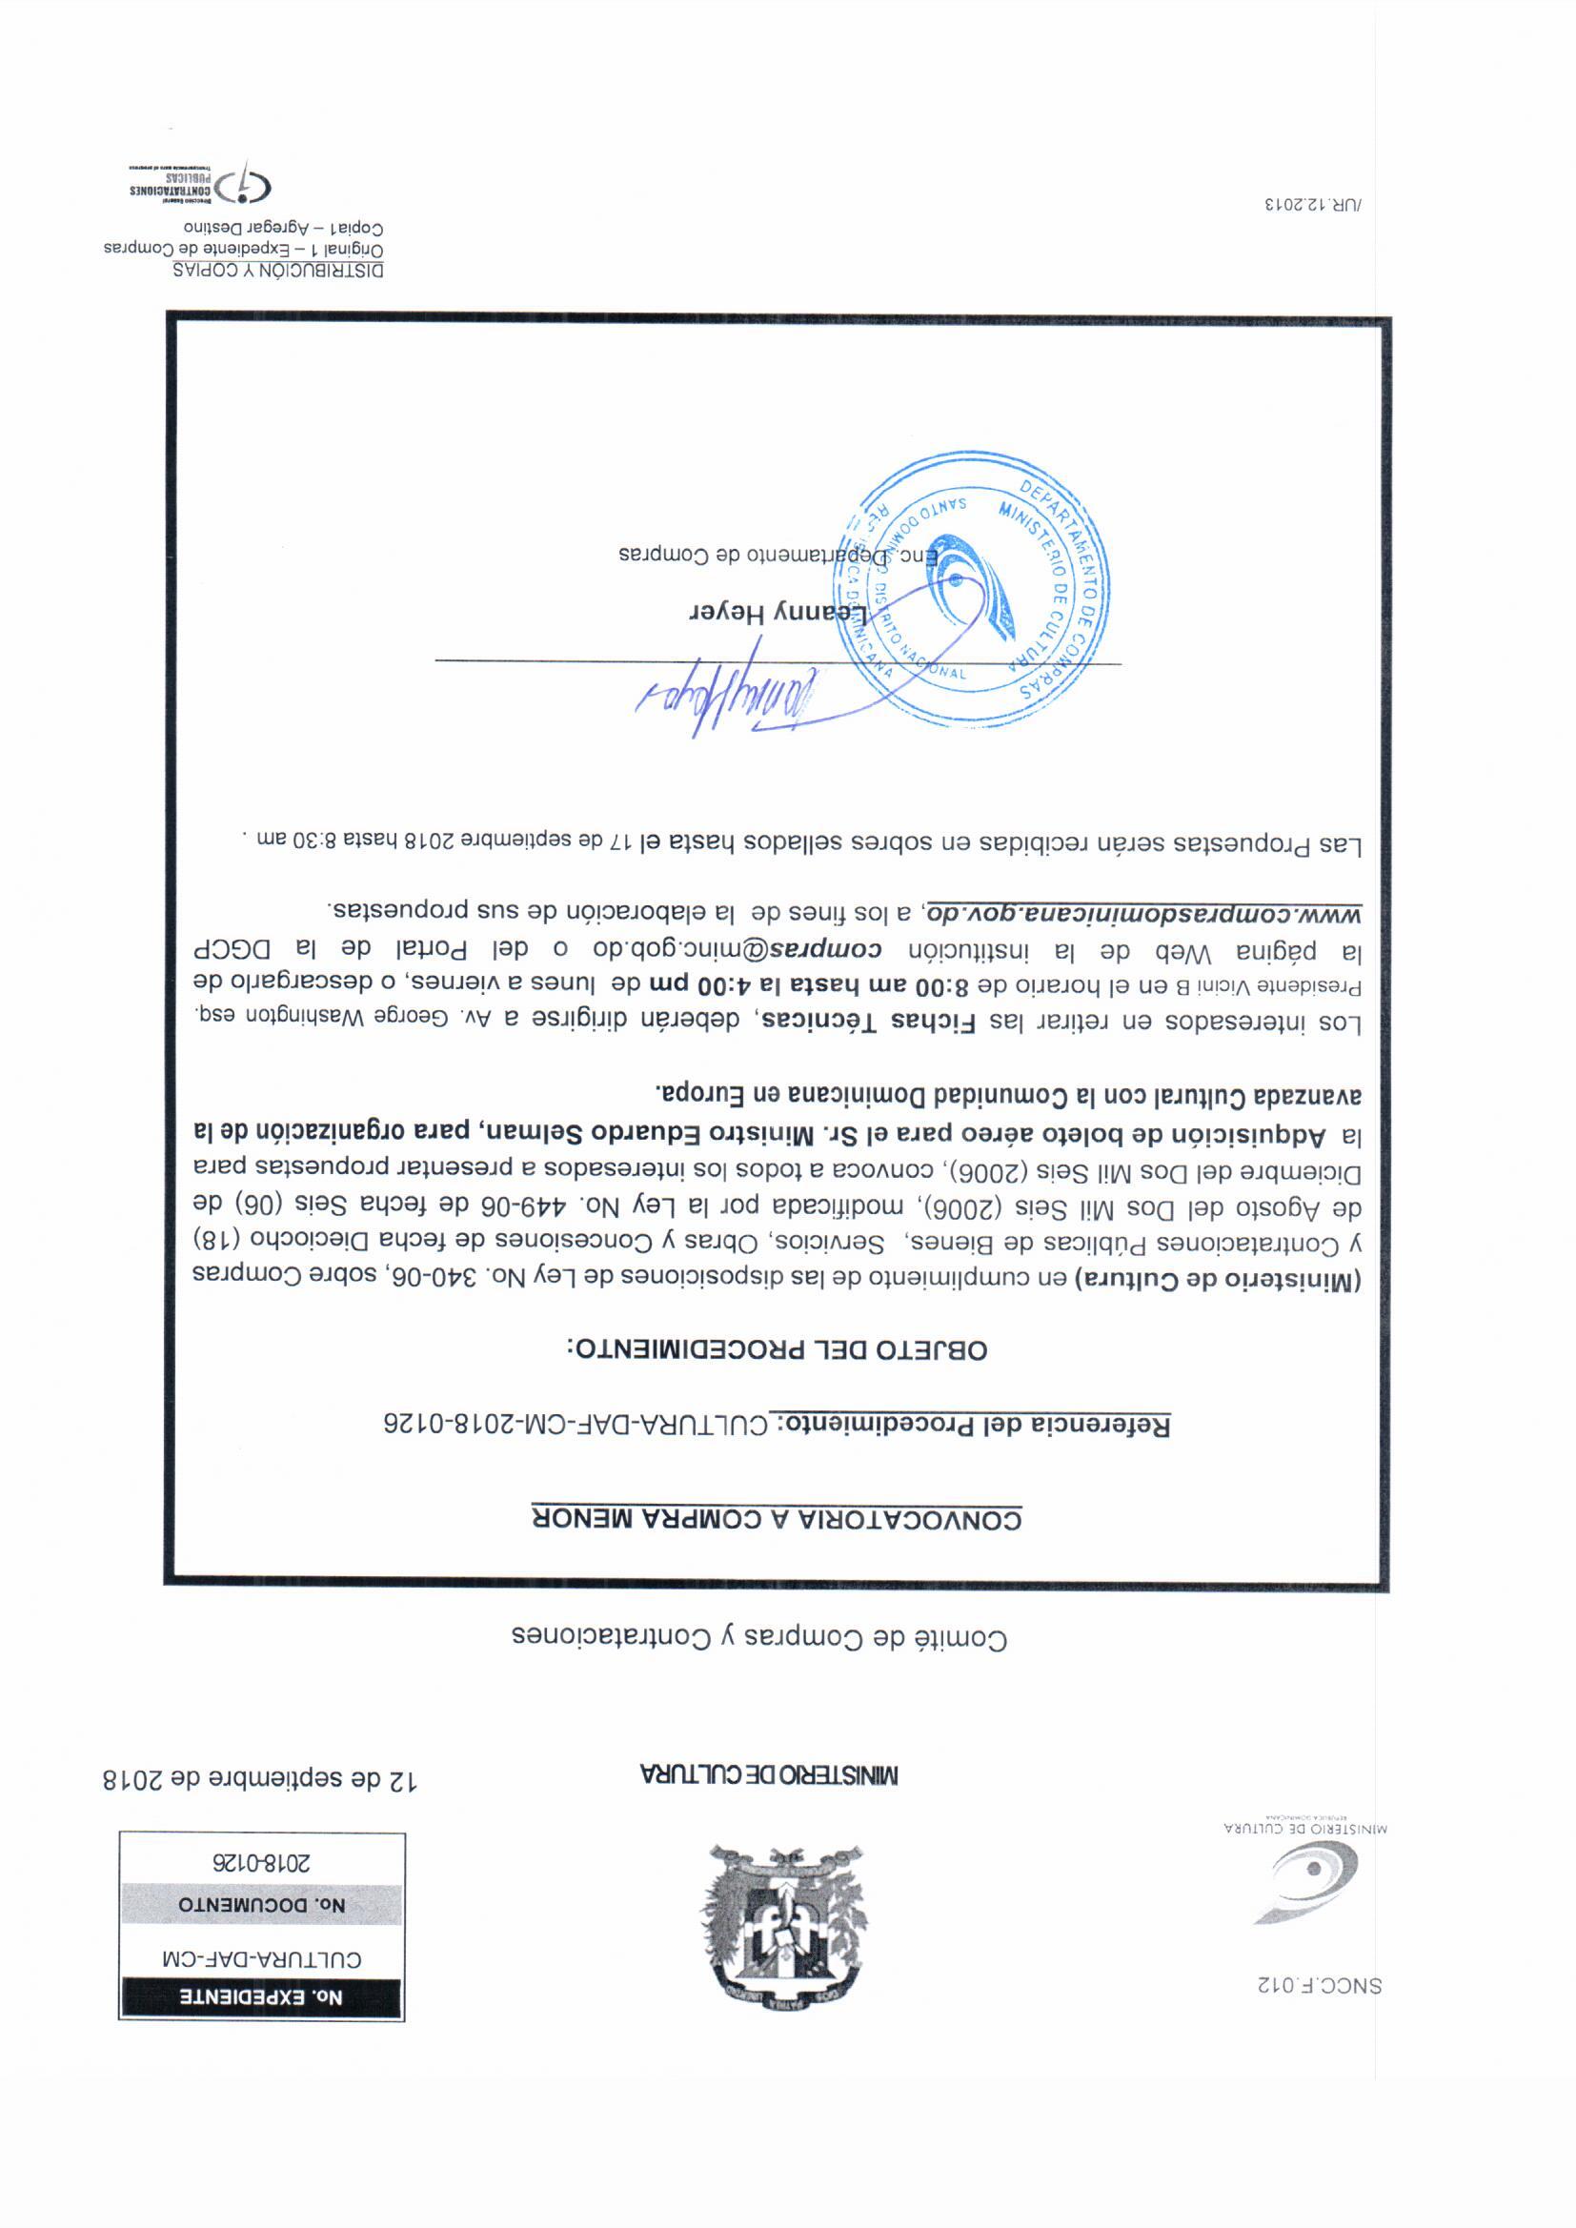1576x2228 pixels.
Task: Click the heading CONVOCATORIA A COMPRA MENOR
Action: click(x=777, y=1519)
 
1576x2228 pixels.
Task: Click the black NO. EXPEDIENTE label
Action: click(x=261, y=1997)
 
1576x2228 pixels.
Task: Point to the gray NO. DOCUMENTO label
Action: click(x=261, y=1905)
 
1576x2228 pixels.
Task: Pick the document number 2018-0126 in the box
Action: click(x=261, y=1863)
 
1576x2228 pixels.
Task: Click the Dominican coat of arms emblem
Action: click(x=784, y=1926)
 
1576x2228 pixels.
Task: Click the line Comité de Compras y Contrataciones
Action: click(x=758, y=1638)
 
